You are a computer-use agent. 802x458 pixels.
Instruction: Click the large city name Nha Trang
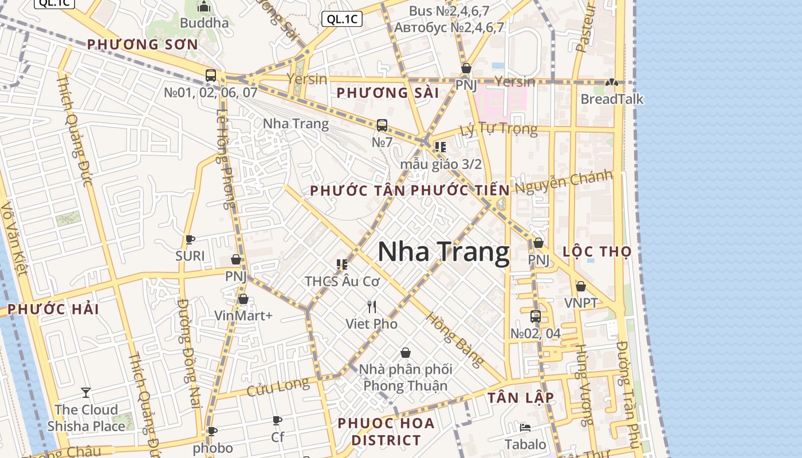(x=443, y=252)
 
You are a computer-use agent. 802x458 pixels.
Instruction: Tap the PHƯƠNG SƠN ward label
(x=142, y=44)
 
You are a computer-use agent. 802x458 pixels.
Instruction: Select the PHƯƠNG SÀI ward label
(x=387, y=93)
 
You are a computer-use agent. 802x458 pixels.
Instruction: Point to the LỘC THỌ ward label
(x=597, y=251)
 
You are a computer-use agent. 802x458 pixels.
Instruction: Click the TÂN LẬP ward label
(x=520, y=398)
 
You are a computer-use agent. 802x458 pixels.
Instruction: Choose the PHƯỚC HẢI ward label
(x=53, y=309)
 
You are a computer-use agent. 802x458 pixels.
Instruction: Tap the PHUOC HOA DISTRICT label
(x=386, y=432)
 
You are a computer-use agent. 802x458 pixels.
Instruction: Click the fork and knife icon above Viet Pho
(x=372, y=307)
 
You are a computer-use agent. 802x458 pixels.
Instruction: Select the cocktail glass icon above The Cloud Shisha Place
(x=86, y=393)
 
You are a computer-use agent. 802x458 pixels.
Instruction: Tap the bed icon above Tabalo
(x=525, y=427)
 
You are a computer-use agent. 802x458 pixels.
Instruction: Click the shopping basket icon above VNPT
(x=581, y=286)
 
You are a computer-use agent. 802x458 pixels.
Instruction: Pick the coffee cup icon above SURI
(x=190, y=239)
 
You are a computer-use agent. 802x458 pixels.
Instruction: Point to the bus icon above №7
(x=382, y=125)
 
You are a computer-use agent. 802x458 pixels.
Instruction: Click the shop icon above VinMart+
(x=243, y=299)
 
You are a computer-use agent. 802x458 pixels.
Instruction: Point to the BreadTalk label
(x=612, y=99)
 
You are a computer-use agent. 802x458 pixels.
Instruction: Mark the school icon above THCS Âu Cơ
(x=342, y=264)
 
